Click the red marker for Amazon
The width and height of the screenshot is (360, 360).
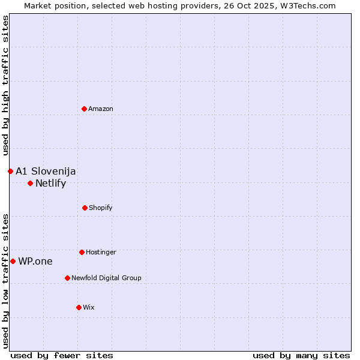point(85,109)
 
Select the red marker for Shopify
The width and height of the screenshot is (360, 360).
point(85,208)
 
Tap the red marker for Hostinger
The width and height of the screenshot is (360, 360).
point(82,252)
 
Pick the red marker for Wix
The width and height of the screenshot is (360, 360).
point(79,307)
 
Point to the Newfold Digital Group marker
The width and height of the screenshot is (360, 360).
point(67,278)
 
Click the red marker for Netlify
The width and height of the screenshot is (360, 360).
point(30,183)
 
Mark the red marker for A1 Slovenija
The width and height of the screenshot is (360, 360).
point(10,171)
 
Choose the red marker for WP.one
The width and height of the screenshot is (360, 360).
point(13,261)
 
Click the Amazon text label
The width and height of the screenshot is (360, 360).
point(101,109)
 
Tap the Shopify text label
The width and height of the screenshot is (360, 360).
point(101,208)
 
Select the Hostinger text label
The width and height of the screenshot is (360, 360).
point(101,252)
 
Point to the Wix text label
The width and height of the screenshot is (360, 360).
point(89,307)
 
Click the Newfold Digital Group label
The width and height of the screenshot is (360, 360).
point(106,278)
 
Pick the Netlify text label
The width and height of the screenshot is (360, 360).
point(50,184)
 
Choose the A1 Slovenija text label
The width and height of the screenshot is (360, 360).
point(46,172)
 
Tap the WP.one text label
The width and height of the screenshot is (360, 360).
point(35,262)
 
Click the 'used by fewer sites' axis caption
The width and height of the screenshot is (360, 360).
point(62,355)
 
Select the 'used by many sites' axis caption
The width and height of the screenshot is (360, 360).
point(301,355)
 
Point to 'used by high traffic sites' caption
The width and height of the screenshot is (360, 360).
point(5,85)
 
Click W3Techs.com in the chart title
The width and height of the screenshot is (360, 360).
point(307,5)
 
